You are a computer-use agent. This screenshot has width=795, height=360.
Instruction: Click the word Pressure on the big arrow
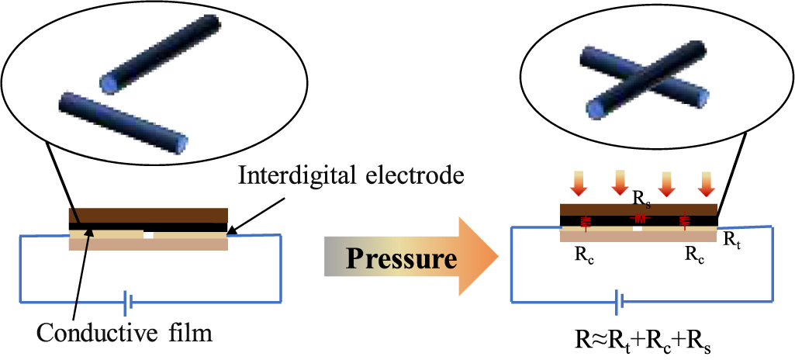(x=400, y=258)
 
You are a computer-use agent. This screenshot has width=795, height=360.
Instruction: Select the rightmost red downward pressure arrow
(x=705, y=185)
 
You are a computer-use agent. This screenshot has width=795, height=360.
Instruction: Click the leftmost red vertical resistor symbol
(x=586, y=221)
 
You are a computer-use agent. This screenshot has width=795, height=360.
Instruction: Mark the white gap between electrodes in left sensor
(x=149, y=233)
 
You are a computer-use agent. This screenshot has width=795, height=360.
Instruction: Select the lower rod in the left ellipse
(x=123, y=123)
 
